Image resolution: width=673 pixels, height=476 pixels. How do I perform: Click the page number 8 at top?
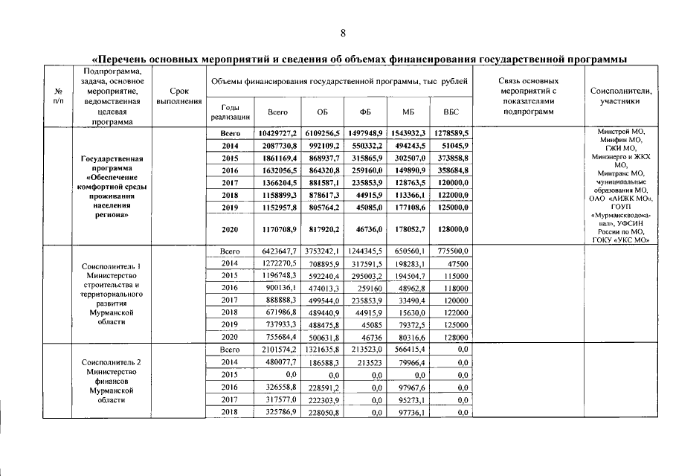(343, 32)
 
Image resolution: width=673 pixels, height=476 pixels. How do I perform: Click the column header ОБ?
(322, 112)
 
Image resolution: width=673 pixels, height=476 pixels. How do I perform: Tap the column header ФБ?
(365, 112)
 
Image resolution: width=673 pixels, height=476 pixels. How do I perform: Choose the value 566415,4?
(409, 349)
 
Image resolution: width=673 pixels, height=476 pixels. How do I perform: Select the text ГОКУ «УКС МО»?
(622, 239)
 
